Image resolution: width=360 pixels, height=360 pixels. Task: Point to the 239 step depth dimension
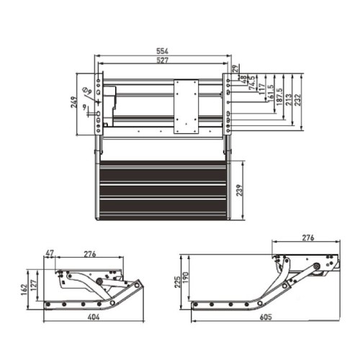tap(248, 189)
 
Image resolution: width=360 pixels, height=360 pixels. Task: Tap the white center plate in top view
tap(187, 106)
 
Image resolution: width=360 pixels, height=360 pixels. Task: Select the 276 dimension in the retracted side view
tap(90, 253)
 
